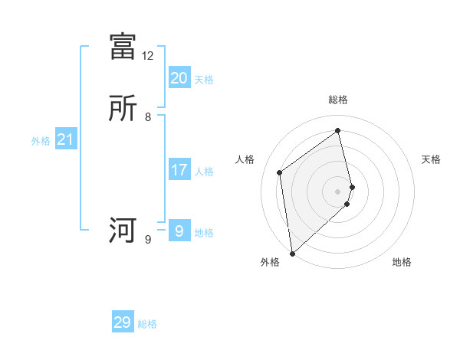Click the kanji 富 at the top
[123, 46]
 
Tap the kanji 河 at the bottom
[123, 231]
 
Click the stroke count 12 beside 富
[147, 56]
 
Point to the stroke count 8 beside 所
[147, 118]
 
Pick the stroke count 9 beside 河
[147, 240]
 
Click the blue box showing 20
[179, 78]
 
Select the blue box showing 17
[179, 170]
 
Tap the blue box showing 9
[179, 231]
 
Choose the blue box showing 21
[65, 140]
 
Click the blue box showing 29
[123, 322]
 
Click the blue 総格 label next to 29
[147, 324]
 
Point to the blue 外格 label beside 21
[41, 141]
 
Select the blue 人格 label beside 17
[205, 172]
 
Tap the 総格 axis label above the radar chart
[338, 100]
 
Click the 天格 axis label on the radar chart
[432, 159]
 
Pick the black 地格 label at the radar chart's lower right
[402, 262]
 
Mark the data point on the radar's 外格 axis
[291, 253]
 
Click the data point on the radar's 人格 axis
[280, 172]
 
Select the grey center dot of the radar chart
[338, 191]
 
